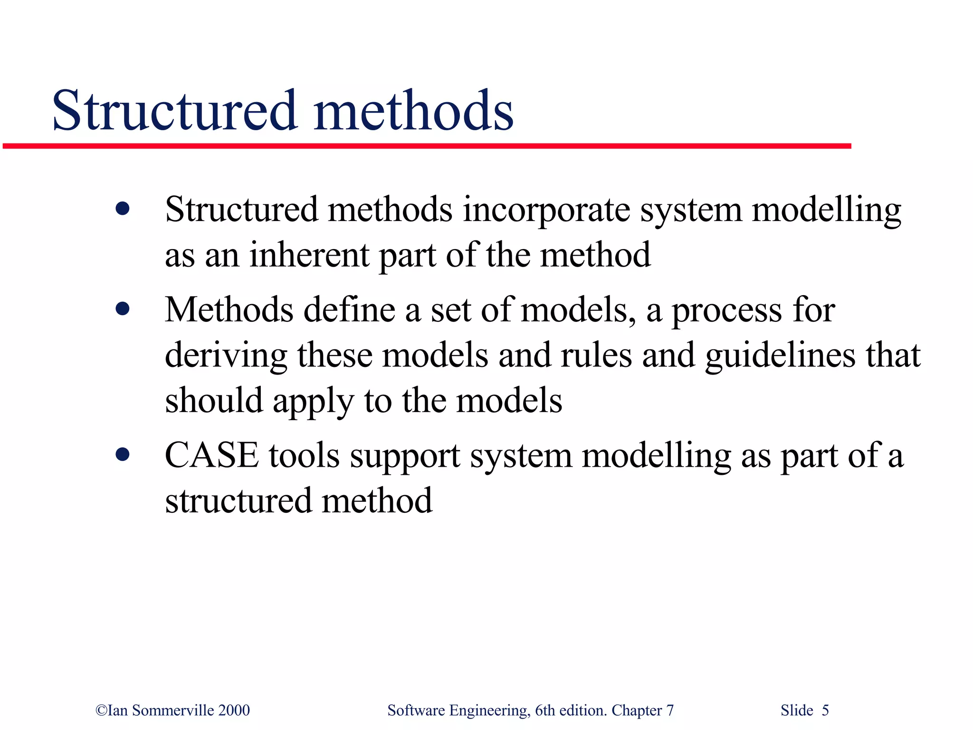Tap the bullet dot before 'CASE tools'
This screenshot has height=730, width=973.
123,455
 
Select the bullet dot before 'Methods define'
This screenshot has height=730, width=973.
123,309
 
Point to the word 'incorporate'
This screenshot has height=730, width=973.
546,210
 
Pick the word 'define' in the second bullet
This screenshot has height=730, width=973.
349,310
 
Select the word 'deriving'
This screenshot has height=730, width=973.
226,356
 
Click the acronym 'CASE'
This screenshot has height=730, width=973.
212,455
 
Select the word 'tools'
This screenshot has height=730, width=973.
305,455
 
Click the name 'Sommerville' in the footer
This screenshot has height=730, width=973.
173,710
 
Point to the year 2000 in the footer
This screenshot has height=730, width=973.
234,710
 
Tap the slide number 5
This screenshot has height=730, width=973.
825,710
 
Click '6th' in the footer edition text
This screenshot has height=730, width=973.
544,710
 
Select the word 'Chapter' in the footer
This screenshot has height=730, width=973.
637,710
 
